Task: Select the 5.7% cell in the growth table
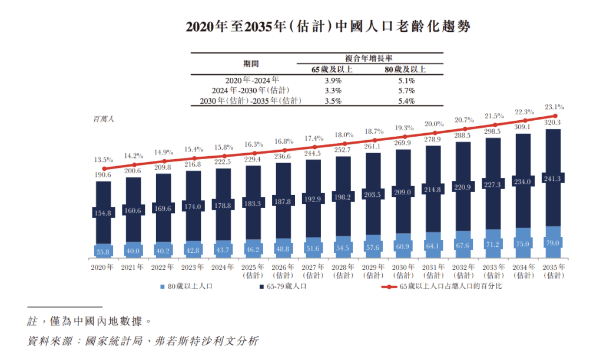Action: click(x=403, y=91)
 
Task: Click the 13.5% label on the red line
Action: click(x=104, y=160)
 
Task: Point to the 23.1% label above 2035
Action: click(x=555, y=107)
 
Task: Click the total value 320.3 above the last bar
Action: click(x=553, y=123)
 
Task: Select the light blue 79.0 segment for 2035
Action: click(x=553, y=243)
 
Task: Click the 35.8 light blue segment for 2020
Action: click(x=104, y=252)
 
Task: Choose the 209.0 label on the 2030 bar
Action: click(x=403, y=192)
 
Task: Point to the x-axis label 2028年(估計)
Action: click(x=343, y=271)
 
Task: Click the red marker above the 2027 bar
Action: click(x=313, y=148)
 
